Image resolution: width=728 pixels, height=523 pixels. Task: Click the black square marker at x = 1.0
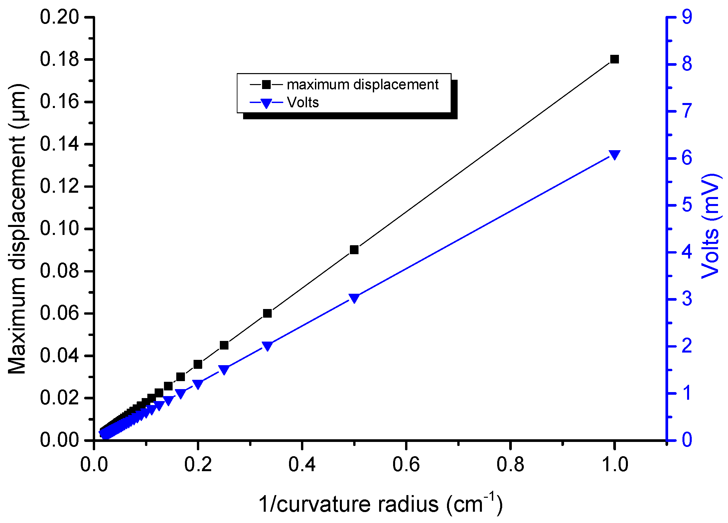614,59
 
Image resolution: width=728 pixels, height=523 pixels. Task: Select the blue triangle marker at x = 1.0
614,155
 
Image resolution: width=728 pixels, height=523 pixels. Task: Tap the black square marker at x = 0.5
354,250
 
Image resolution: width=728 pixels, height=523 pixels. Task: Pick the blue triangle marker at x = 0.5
354,298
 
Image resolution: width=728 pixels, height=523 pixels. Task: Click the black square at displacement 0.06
267,313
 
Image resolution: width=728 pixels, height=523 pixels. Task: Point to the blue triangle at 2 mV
267,346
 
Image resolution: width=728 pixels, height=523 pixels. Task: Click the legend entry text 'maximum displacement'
363,85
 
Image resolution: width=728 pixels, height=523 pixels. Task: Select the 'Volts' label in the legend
303,103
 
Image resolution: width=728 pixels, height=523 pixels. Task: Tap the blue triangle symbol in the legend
266,103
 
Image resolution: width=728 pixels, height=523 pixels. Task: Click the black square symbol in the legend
266,85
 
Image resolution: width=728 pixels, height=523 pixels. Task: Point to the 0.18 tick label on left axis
60,59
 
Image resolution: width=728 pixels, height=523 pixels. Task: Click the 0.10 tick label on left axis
60,229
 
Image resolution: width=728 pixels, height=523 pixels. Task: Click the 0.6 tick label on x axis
406,465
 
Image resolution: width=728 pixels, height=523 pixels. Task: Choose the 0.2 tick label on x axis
198,465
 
